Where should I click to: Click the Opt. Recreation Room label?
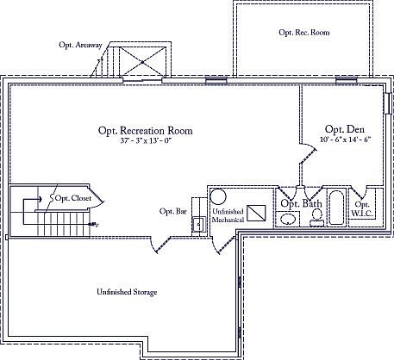tap(145, 131)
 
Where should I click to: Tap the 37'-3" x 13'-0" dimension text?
tap(145, 142)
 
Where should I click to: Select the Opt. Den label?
tap(341, 127)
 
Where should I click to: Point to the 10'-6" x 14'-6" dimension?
tap(343, 139)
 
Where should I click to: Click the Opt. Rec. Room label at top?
tap(303, 32)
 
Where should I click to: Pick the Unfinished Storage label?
tap(127, 292)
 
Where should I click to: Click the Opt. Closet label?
tap(73, 198)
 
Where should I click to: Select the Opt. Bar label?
tap(173, 211)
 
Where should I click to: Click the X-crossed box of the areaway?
tap(142, 61)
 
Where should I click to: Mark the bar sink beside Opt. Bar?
tap(197, 224)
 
